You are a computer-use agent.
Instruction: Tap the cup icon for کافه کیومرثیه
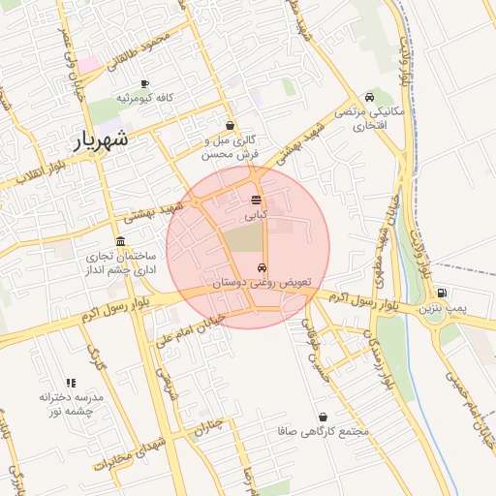point(145,84)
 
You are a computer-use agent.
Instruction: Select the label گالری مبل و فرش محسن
point(231,147)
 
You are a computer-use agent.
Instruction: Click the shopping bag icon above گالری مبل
point(230,126)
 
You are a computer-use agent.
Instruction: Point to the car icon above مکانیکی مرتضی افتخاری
point(369,97)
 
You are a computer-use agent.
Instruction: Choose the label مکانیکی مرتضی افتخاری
point(360,119)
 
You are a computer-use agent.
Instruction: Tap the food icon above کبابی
point(256,200)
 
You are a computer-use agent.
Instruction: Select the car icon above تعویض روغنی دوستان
point(262,267)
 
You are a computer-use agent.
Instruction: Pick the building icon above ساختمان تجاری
point(120,241)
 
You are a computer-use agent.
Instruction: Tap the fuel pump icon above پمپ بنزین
point(442,293)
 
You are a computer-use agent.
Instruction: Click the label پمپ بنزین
point(443,308)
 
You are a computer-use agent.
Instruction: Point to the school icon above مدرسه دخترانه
point(70,384)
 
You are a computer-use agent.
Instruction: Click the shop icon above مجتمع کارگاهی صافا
point(323,417)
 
